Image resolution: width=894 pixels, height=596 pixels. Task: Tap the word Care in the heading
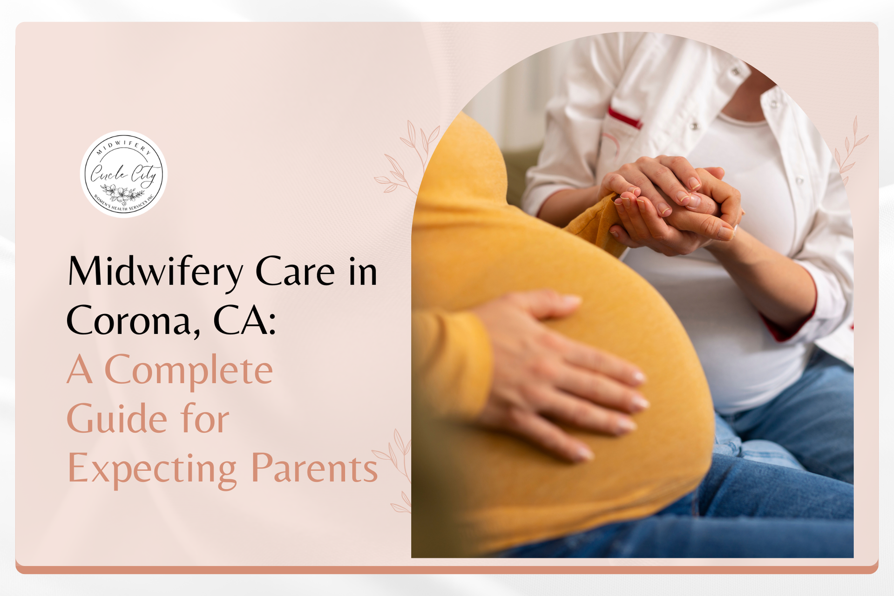tap(295, 271)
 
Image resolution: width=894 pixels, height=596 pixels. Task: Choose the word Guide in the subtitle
tap(116, 419)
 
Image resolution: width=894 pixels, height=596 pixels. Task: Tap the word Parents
tap(314, 468)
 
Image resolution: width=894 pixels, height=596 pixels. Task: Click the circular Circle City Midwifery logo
tap(123, 174)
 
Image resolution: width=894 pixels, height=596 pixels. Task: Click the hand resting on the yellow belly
tap(559, 372)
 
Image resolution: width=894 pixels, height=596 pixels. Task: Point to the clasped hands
tap(675, 205)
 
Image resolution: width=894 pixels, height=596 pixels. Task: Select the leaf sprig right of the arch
tap(850, 149)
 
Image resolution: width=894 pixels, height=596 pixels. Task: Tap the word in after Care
tap(363, 272)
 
